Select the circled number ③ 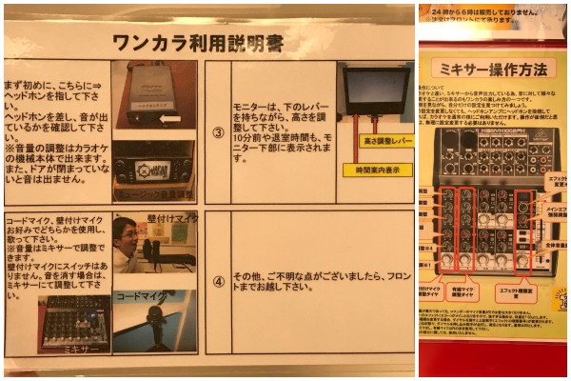coord(217,132)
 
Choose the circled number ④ coord(217,282)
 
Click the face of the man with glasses coord(127,235)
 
